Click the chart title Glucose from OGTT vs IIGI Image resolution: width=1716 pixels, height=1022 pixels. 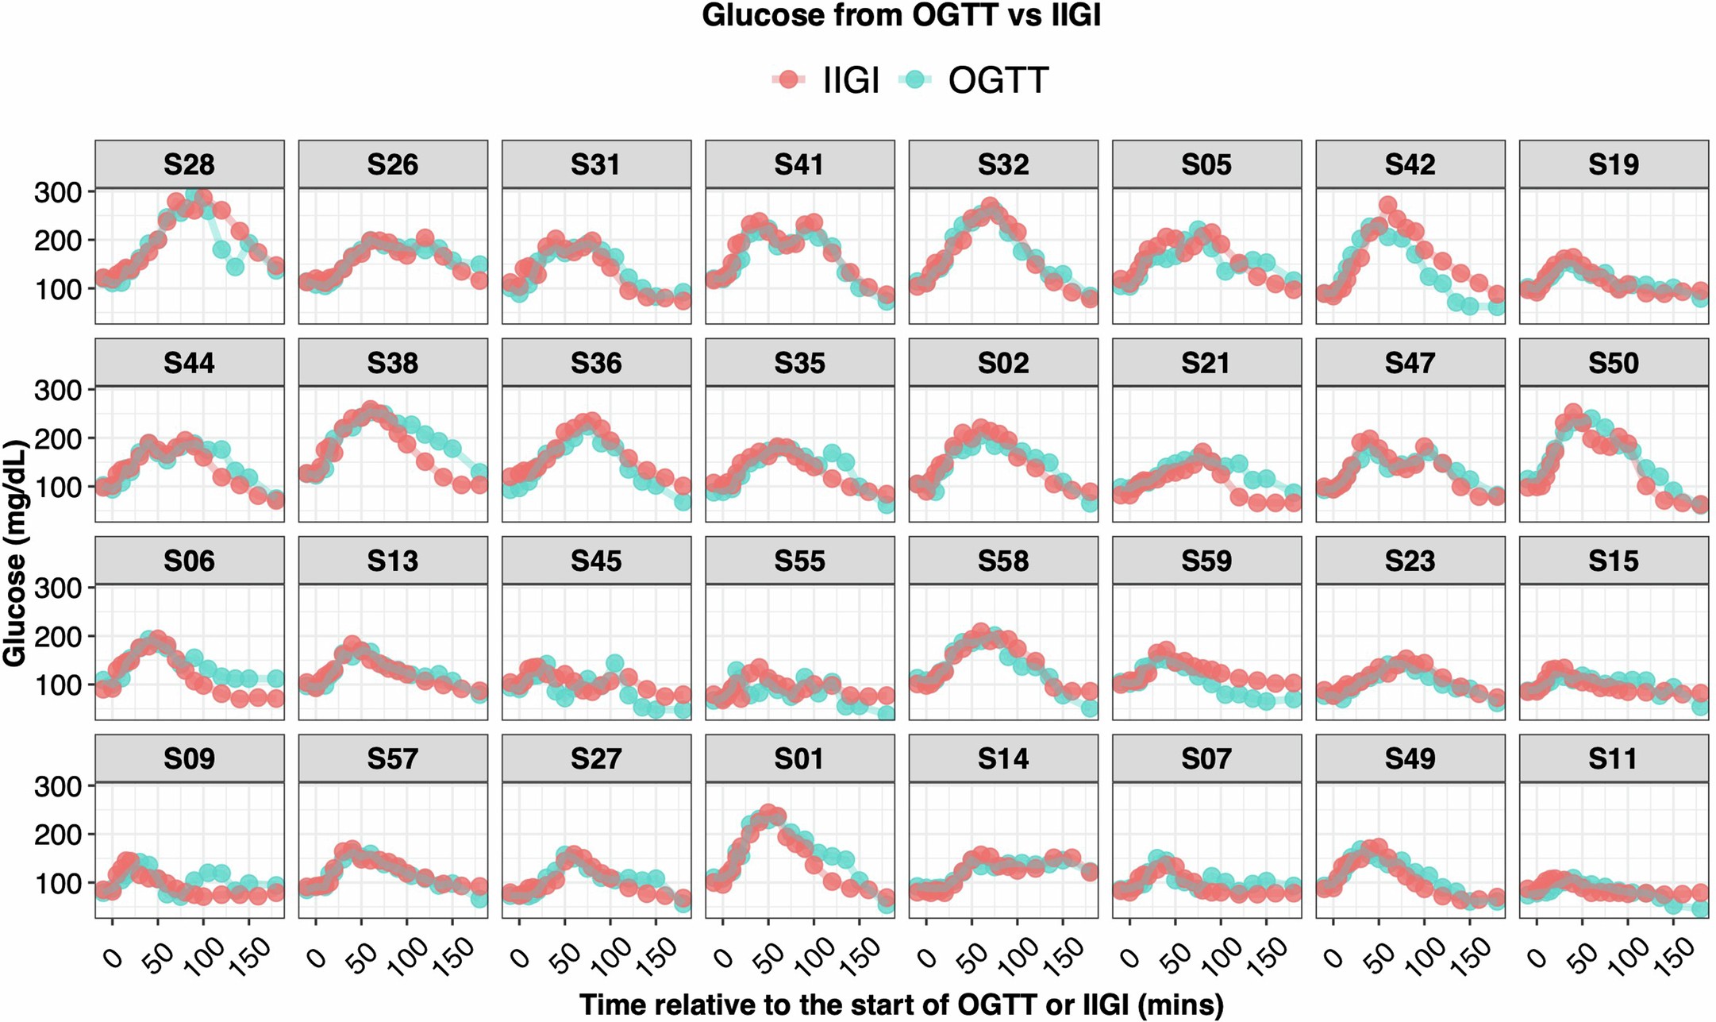[x=901, y=16]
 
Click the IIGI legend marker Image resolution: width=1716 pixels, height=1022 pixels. [x=788, y=79]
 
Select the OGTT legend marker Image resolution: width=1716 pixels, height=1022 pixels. [x=916, y=79]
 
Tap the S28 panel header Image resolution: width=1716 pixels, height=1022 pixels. [x=189, y=164]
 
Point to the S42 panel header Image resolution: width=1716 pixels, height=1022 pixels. [x=1410, y=164]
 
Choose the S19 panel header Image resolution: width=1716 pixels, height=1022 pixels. [x=1614, y=164]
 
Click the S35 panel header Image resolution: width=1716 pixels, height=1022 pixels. [x=800, y=363]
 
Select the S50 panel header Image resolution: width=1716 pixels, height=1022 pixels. [x=1614, y=363]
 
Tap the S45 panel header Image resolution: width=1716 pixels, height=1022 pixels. [x=596, y=561]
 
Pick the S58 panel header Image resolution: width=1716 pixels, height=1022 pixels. [x=1003, y=561]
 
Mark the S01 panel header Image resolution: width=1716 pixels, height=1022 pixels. [x=800, y=758]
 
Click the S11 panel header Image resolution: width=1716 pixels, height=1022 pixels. [x=1614, y=758]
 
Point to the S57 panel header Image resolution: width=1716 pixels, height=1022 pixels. [x=393, y=758]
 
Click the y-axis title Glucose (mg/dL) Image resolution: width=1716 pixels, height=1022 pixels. [x=16, y=553]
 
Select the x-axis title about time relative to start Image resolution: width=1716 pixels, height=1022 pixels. [x=901, y=1005]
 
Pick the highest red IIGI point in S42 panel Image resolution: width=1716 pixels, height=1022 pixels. [x=1387, y=206]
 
